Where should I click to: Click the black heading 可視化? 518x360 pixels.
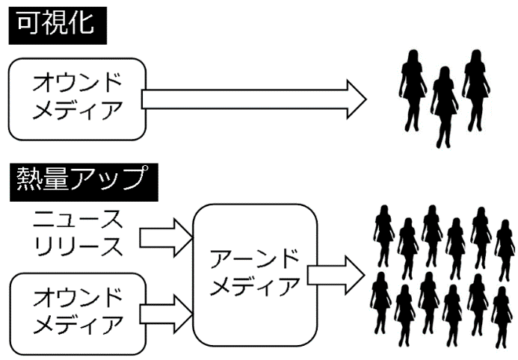coord(57,22)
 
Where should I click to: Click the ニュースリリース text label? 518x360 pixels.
coord(77,232)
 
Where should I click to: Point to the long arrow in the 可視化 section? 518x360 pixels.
coord(254,99)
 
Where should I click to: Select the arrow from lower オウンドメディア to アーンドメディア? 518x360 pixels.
coord(166,310)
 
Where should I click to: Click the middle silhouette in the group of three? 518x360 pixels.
coord(444,105)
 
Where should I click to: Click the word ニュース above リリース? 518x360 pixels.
coord(78,220)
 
